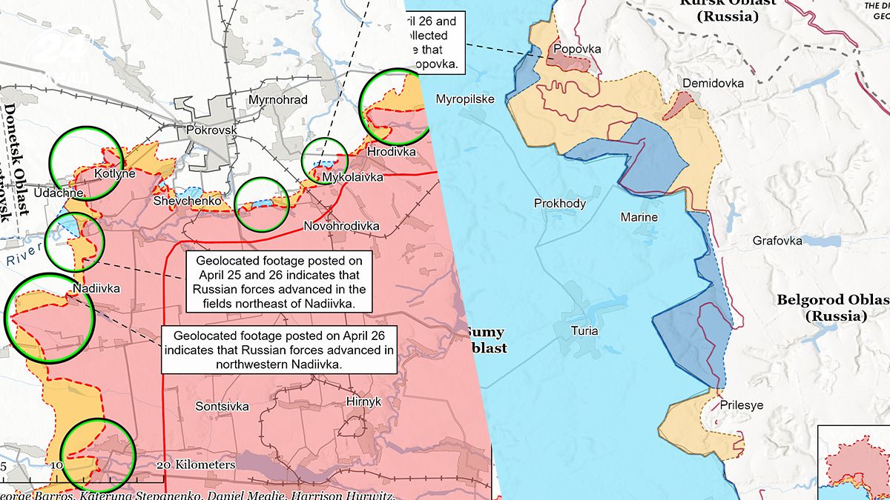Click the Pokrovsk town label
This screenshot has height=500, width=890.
click(x=212, y=129)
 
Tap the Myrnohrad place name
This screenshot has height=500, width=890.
click(x=278, y=99)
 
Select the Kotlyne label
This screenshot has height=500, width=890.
click(x=115, y=174)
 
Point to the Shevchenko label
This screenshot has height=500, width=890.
click(x=188, y=201)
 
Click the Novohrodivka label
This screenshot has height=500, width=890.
click(x=342, y=225)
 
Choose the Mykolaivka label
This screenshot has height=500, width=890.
click(x=352, y=178)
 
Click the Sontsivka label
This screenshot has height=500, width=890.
click(x=222, y=406)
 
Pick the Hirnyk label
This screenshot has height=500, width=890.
click(x=363, y=401)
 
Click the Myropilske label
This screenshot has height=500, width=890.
click(x=465, y=99)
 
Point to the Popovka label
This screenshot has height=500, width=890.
click(x=575, y=48)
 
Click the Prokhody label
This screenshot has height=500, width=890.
click(x=560, y=204)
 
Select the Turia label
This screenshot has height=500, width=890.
click(x=584, y=331)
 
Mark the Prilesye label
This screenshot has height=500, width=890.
click(x=741, y=405)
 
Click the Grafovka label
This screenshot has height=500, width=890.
click(x=777, y=241)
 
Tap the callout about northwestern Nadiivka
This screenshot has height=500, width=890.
click(x=278, y=349)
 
